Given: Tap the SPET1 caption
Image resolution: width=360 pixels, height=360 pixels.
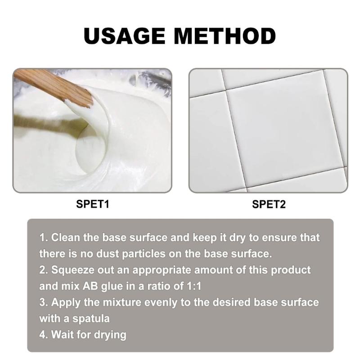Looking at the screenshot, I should [x=93, y=204].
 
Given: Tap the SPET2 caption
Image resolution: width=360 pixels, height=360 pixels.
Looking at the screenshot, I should [x=269, y=204].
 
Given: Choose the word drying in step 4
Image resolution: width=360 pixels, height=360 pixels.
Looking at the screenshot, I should [x=110, y=335].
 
